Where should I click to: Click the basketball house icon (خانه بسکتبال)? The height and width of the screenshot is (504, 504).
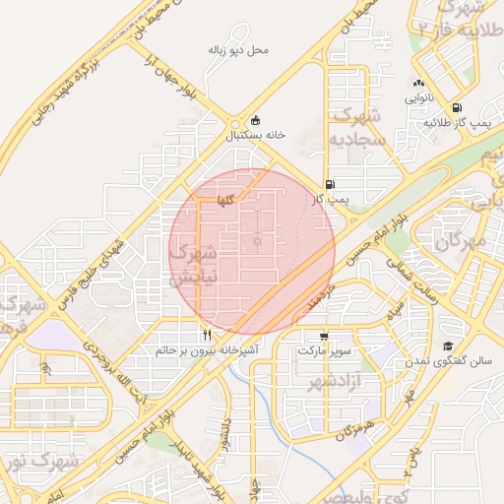point(257,119)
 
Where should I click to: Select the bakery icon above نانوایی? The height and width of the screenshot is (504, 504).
point(418,84)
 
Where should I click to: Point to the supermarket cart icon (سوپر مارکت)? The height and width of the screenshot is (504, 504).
point(324,334)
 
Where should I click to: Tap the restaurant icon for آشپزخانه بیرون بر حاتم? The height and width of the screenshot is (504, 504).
point(207,334)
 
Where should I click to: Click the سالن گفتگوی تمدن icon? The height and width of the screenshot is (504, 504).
point(449,346)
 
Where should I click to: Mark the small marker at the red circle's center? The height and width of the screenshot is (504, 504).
point(258,241)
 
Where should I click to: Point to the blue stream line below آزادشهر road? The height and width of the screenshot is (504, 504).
point(268,394)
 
